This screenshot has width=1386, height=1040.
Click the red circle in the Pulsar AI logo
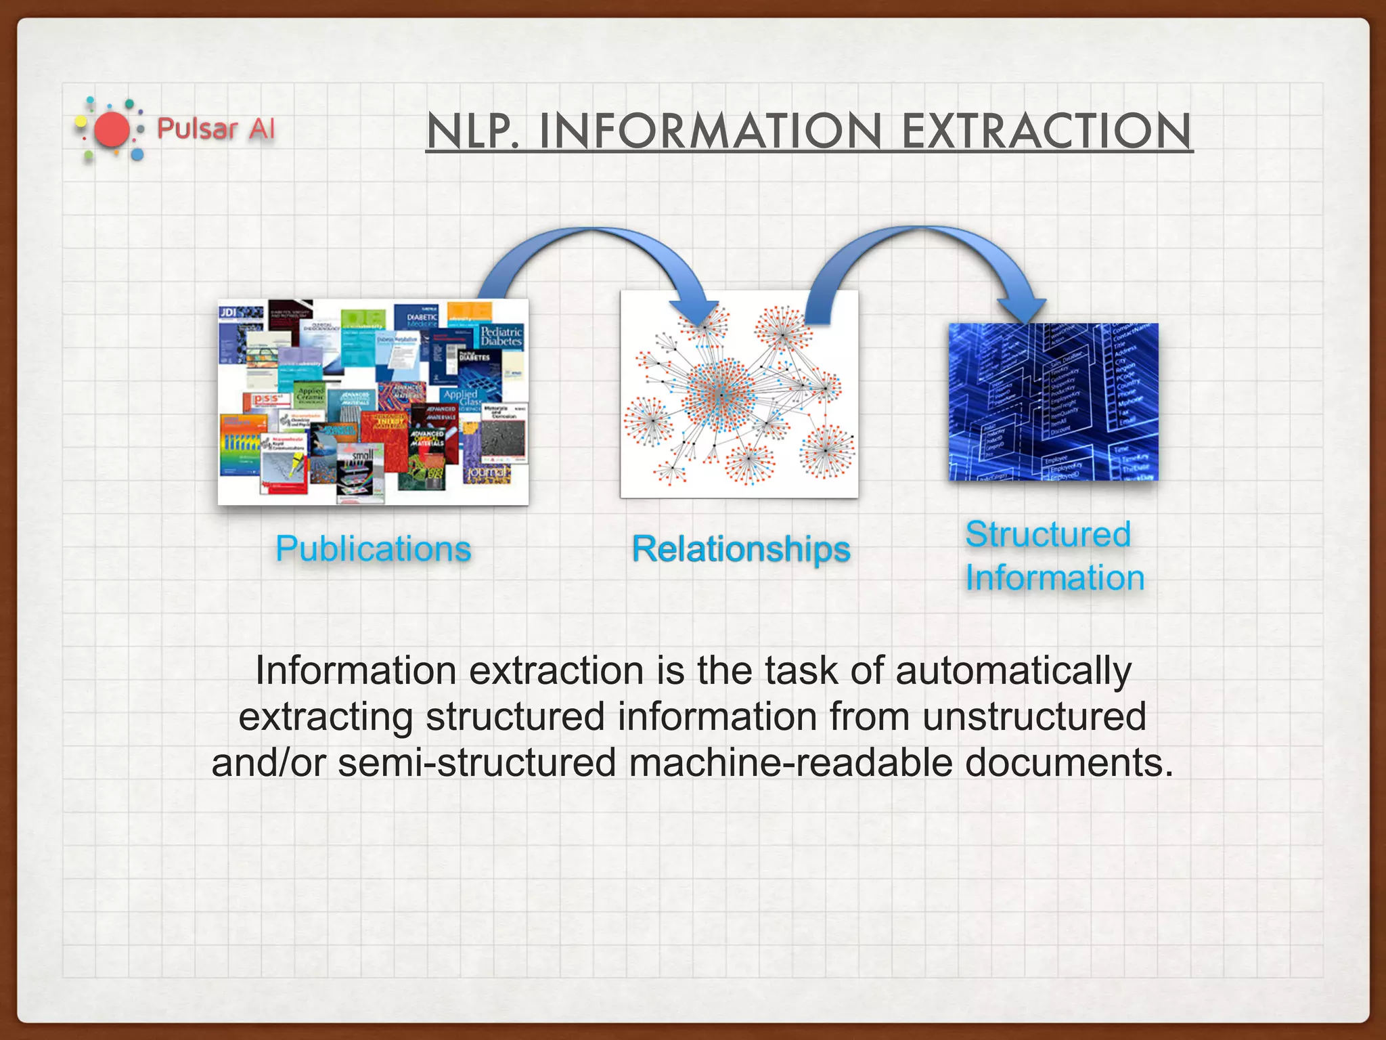112,129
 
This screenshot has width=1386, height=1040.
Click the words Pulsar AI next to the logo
215,128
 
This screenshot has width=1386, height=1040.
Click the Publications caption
373,548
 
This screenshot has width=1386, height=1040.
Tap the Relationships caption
740,548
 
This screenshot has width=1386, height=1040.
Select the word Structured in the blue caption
1048,534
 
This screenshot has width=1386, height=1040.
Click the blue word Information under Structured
1054,578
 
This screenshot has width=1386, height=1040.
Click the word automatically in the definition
1012,671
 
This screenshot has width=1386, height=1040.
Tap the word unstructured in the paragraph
1033,716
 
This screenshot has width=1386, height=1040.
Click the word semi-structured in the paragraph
476,762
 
